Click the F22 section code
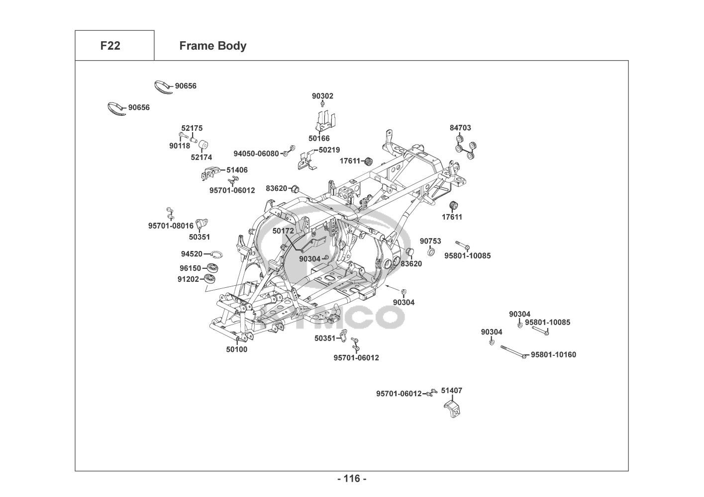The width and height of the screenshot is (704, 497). (110, 46)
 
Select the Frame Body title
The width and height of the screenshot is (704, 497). (213, 46)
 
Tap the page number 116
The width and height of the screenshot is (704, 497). (352, 479)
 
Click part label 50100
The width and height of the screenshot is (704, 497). (237, 349)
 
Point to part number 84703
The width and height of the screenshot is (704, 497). (460, 128)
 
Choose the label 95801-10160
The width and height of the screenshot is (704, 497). (553, 355)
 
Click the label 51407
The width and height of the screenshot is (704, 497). (452, 391)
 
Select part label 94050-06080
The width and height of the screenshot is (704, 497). (256, 154)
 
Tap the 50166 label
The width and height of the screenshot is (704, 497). (319, 139)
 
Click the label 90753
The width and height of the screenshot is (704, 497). (430, 241)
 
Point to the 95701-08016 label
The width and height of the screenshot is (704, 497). (171, 226)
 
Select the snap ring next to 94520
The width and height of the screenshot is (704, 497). (217, 254)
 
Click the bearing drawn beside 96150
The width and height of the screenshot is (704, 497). (213, 268)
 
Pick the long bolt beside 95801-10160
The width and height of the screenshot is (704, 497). (513, 352)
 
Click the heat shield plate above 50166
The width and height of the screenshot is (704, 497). (325, 121)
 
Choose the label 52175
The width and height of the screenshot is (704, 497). (192, 128)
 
